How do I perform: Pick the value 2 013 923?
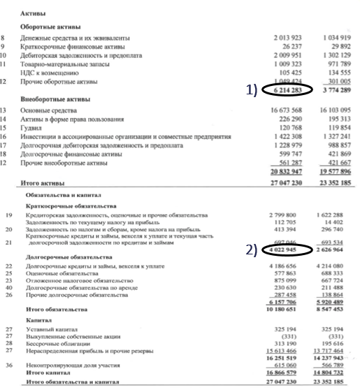pyautogui.click(x=289, y=34)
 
